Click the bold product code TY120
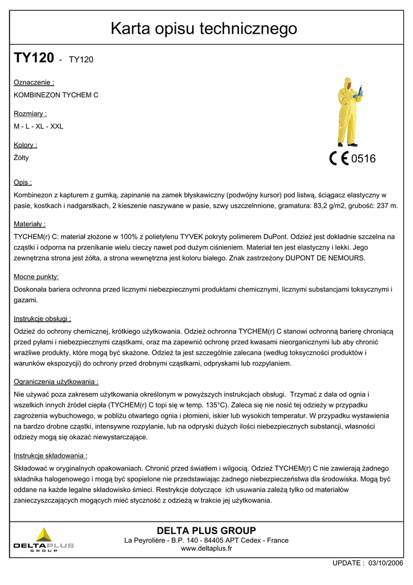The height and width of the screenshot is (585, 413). click(34, 58)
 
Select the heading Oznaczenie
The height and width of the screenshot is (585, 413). click(34, 82)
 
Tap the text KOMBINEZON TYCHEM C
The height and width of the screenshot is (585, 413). click(56, 95)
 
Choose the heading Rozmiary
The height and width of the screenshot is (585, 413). click(30, 114)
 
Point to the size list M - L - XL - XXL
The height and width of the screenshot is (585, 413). click(38, 126)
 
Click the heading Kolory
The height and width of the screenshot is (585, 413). click(26, 145)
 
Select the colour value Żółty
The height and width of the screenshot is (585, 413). click(21, 158)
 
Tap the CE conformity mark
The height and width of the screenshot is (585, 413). click(339, 158)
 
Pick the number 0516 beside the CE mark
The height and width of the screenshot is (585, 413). click(363, 159)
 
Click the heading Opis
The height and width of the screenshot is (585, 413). click(23, 182)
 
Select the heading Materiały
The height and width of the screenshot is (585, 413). click(30, 224)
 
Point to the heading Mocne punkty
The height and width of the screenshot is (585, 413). click(37, 277)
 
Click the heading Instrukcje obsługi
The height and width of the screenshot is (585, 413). click(42, 319)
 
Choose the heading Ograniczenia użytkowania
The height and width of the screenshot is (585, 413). click(56, 382)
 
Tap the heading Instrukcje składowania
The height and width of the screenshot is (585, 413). click(50, 456)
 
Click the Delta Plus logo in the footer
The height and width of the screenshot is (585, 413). click(44, 540)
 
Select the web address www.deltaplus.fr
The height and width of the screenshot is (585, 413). click(206, 548)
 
